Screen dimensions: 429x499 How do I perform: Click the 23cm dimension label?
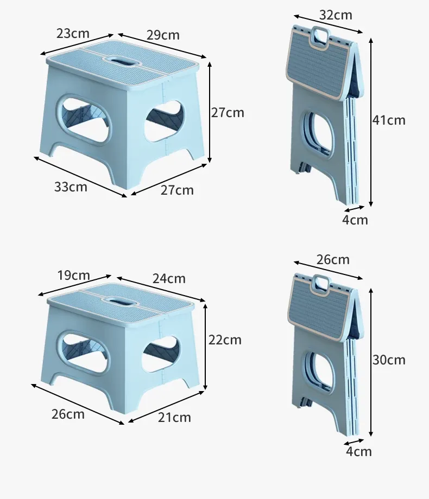click(x=73, y=34)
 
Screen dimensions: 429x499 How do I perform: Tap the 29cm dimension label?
click(x=163, y=35)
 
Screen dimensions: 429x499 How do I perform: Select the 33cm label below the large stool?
click(x=71, y=187)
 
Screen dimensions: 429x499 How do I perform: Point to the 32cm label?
click(x=336, y=15)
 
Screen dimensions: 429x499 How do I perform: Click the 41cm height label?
click(x=389, y=120)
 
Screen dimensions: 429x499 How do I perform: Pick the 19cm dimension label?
click(x=74, y=276)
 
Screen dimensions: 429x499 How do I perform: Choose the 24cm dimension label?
click(x=169, y=278)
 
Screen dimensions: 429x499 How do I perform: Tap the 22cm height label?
click(x=225, y=340)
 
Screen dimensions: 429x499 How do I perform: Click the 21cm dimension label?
click(x=174, y=417)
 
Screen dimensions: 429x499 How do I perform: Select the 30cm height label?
click(x=389, y=360)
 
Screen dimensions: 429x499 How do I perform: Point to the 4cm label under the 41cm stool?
click(x=355, y=220)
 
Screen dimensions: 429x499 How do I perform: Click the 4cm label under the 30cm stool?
click(x=359, y=451)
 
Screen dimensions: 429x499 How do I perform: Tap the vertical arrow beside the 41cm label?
click(x=371, y=122)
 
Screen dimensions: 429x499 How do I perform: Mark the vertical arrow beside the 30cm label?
click(x=371, y=362)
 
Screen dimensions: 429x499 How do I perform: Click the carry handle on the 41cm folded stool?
click(x=319, y=38)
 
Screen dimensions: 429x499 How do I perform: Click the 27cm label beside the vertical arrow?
click(x=228, y=113)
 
